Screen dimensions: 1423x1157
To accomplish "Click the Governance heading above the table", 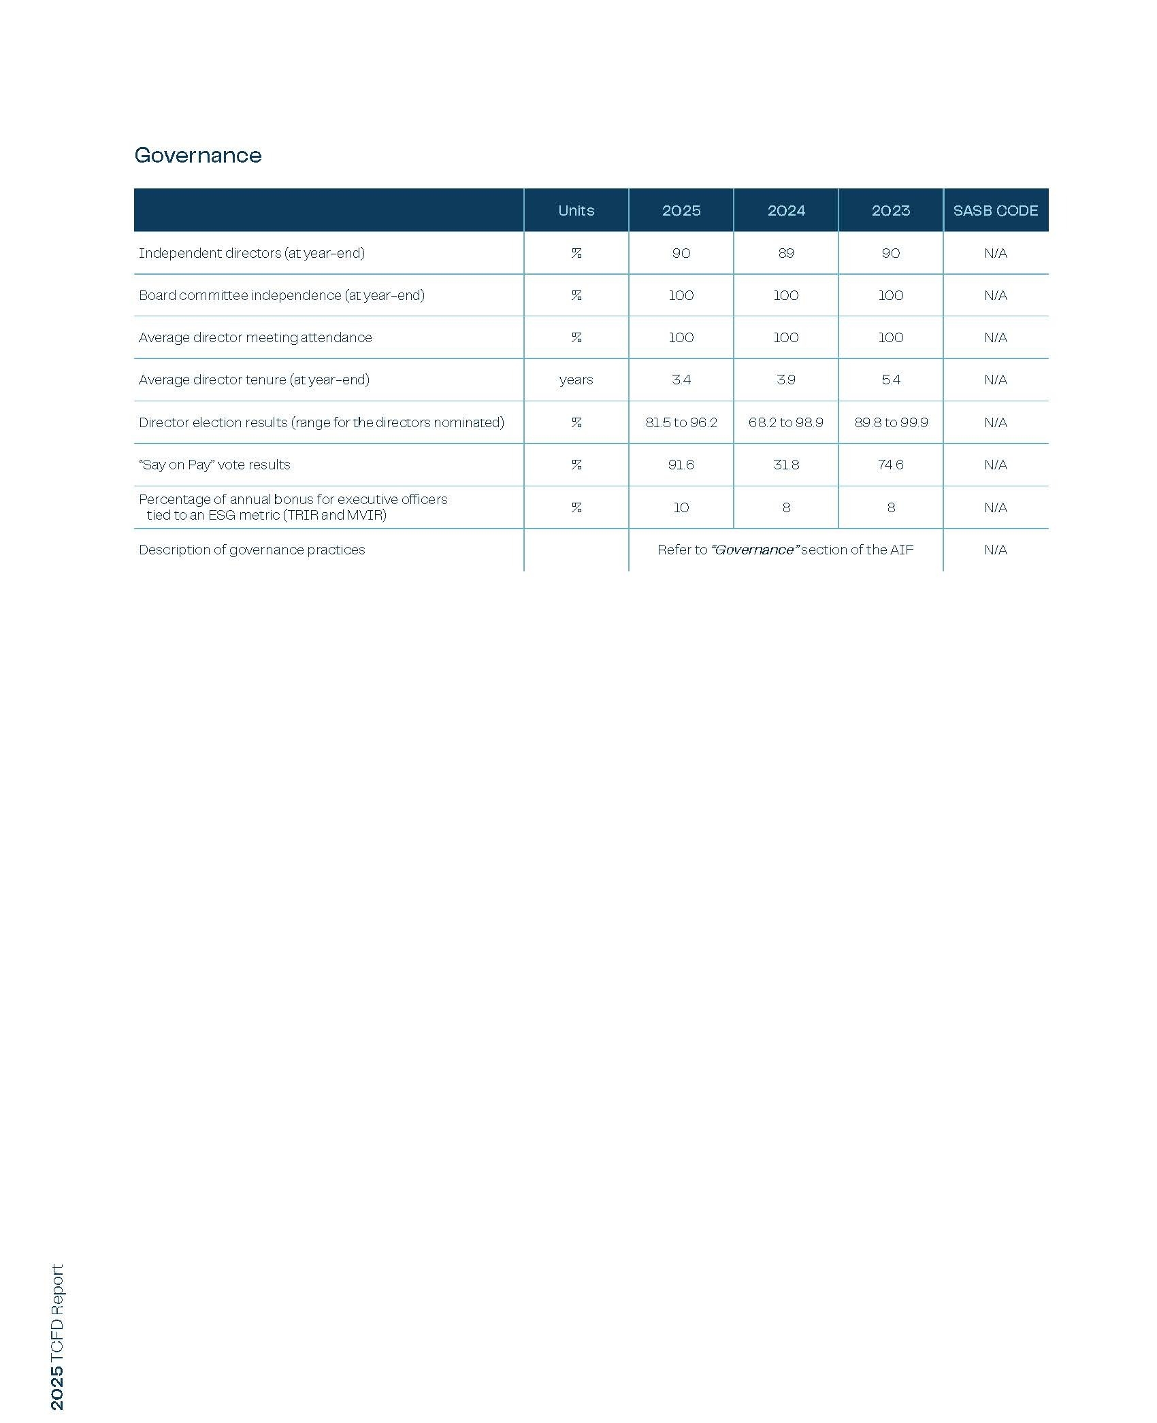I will click(x=198, y=155).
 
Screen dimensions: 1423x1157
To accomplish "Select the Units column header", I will click(x=576, y=211).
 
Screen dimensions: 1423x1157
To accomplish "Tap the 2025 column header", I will click(x=681, y=211).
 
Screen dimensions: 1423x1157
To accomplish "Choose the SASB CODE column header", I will click(x=995, y=211).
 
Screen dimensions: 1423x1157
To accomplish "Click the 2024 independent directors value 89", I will click(x=786, y=253).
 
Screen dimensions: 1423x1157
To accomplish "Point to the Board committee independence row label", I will click(x=281, y=295).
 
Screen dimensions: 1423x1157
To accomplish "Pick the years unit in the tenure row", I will click(x=576, y=380).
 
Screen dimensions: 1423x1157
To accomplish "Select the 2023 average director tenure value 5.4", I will click(x=891, y=380).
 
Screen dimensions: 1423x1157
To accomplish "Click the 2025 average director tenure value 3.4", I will click(x=681, y=380).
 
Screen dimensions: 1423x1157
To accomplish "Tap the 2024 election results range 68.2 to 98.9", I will click(x=786, y=422).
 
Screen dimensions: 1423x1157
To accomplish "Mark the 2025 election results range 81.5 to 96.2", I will click(x=681, y=422).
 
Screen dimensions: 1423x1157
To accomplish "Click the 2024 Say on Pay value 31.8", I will click(x=786, y=465).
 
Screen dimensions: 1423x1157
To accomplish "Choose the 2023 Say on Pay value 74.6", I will click(x=891, y=465).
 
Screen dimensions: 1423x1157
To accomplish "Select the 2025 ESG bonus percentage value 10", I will click(x=681, y=507).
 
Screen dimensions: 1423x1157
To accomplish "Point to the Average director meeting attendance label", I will click(x=255, y=337).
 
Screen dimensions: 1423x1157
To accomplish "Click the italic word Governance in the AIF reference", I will click(x=754, y=550).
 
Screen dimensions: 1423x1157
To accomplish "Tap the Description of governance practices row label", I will click(x=252, y=550).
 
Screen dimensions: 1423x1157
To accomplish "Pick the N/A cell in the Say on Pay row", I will click(x=995, y=465).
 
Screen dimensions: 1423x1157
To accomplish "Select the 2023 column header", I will click(x=891, y=211).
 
